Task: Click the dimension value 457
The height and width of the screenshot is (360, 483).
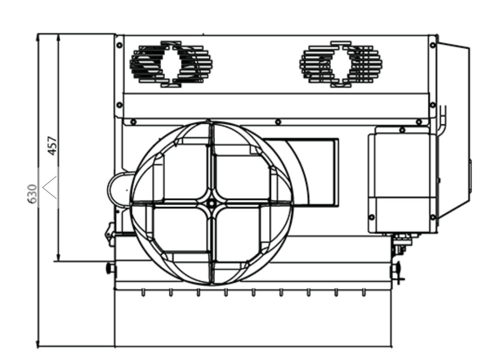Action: coord(53,146)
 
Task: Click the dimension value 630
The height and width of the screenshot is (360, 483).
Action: coord(32,193)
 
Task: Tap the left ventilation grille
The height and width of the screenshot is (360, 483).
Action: coord(171,64)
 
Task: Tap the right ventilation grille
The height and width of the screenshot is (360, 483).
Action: coord(341,64)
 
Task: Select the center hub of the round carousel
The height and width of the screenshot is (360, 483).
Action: coord(211,203)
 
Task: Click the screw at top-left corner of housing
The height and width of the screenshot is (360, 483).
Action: coord(119,45)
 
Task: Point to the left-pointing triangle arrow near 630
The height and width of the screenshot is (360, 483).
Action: coord(50,187)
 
